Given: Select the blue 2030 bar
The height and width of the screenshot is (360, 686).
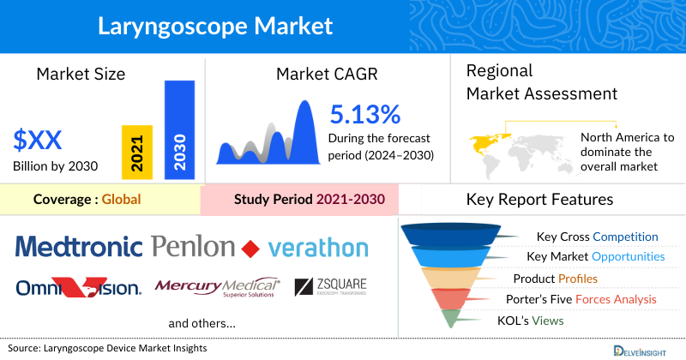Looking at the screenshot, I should [x=178, y=129].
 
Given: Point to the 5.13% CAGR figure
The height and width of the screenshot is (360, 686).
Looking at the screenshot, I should [x=364, y=115].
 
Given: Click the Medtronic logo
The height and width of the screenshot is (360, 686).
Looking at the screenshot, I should [x=78, y=249].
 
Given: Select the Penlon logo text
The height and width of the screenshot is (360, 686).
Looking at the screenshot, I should [x=192, y=249].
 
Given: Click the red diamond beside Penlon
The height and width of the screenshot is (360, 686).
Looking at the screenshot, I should [x=250, y=249].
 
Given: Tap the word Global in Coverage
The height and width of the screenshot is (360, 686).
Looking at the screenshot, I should [x=121, y=201].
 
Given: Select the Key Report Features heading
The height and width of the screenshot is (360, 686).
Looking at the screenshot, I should [x=539, y=200].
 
